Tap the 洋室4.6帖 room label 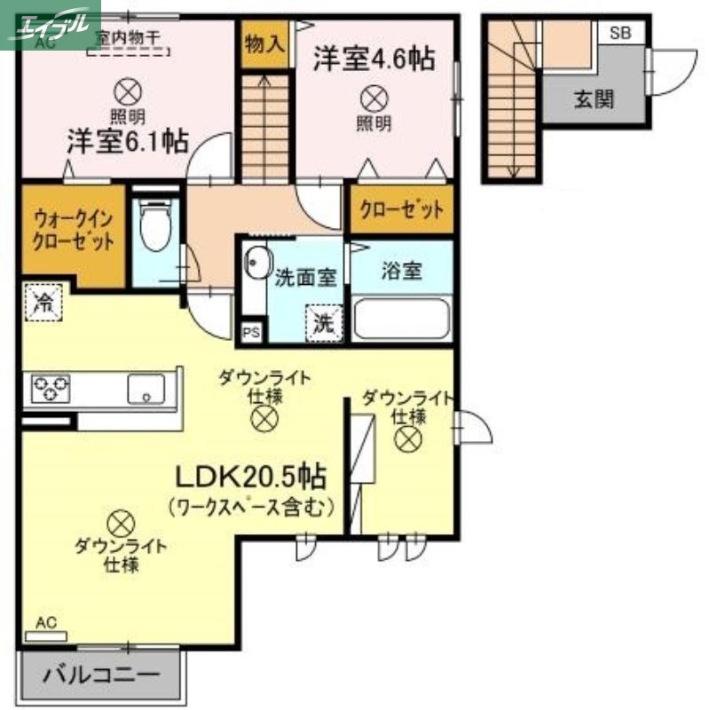tap(373, 59)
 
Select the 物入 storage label tap(264, 43)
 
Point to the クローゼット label tap(401, 210)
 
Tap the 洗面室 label tap(304, 276)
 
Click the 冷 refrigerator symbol tap(43, 302)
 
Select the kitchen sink tap(146, 388)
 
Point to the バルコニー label tap(102, 674)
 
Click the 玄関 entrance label tap(594, 99)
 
